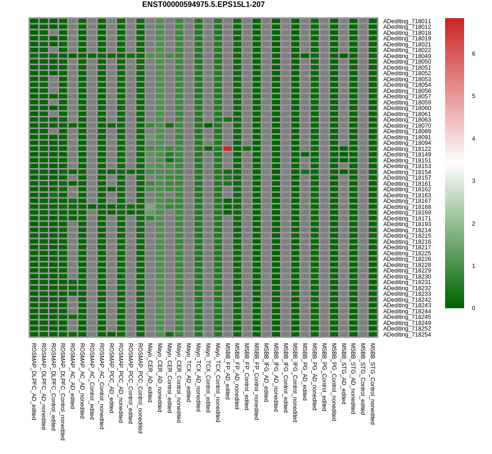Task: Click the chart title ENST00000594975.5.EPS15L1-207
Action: pyautogui.click(x=203, y=4)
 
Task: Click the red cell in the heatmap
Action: pyautogui.click(x=228, y=149)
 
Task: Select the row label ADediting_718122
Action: pyautogui.click(x=407, y=149)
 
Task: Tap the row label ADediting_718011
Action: pyautogui.click(x=407, y=21)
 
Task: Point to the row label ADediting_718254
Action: pyautogui.click(x=407, y=335)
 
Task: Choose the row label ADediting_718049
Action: pyautogui.click(x=407, y=56)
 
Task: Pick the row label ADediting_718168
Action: pyautogui.click(x=407, y=207)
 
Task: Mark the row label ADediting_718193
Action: pyautogui.click(x=407, y=224)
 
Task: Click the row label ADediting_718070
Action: pyautogui.click(x=407, y=126)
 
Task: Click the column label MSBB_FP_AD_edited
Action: pyautogui.click(x=228, y=371)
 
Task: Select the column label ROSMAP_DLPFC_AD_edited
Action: pyautogui.click(x=34, y=382)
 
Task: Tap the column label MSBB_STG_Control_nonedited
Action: pyautogui.click(x=373, y=384)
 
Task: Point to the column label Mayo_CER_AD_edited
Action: pyautogui.click(x=151, y=373)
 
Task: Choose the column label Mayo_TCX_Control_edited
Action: pyautogui.click(x=208, y=378)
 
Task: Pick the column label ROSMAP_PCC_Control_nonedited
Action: pyautogui.click(x=141, y=388)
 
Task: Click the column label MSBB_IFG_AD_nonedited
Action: pyautogui.click(x=276, y=377)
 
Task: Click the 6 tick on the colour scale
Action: pyautogui.click(x=473, y=54)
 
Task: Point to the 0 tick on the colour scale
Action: pyautogui.click(x=473, y=308)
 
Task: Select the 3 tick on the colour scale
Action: pyautogui.click(x=473, y=181)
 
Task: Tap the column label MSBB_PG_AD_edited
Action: pyautogui.click(x=305, y=372)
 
